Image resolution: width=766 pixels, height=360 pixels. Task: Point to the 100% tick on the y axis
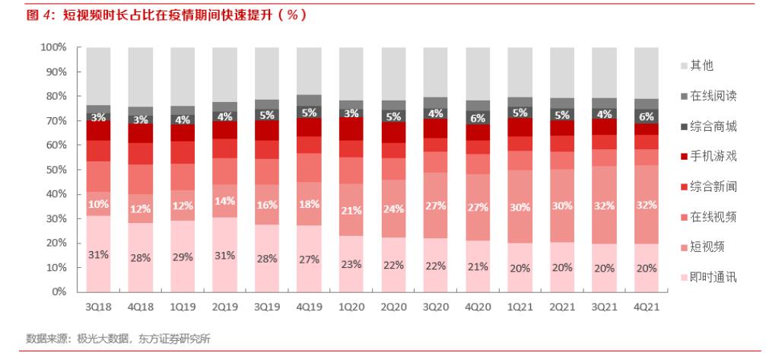[53, 47]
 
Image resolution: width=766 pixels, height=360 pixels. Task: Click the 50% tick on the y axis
[56, 170]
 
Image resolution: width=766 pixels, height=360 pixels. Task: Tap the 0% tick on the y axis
[59, 292]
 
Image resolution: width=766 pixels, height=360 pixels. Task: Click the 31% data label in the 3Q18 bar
[98, 254]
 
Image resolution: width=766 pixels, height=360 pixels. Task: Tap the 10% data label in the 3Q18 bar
[98, 203]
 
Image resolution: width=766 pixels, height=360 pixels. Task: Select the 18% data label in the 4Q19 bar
[309, 203]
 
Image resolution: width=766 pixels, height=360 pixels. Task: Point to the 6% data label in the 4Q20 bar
[478, 119]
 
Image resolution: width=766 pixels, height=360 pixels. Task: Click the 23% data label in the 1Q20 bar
[351, 264]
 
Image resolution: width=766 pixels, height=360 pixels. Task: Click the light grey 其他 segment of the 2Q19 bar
[224, 74]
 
